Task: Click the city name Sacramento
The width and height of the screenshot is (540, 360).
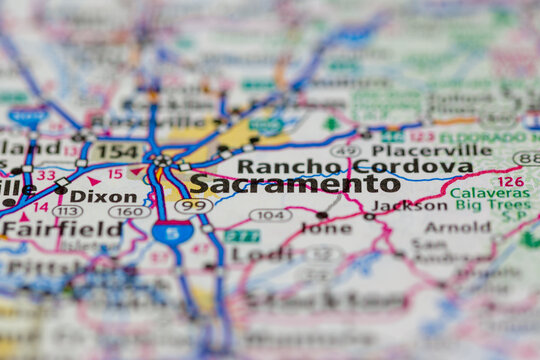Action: (x=294, y=184)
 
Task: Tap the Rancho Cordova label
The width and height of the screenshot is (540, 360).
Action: (x=354, y=166)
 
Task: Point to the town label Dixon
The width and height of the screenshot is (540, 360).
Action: (x=103, y=197)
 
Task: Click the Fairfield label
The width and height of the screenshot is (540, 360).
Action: (x=47, y=228)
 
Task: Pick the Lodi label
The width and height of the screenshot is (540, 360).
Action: (x=254, y=254)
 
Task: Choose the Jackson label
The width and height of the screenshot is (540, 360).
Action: (x=410, y=206)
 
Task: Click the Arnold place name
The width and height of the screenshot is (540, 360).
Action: (x=457, y=228)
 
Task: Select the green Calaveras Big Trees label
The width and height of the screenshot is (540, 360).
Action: (x=490, y=200)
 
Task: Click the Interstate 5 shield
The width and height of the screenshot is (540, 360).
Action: (x=173, y=233)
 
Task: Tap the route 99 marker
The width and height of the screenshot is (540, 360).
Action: (x=193, y=205)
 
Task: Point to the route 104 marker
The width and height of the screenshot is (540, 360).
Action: (x=270, y=214)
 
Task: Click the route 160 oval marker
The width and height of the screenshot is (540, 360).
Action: (x=129, y=212)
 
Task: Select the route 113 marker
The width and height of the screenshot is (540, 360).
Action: (x=68, y=211)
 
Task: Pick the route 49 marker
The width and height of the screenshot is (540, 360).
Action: (x=345, y=150)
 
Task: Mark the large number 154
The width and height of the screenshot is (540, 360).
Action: (x=116, y=152)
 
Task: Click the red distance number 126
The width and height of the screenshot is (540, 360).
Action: (x=510, y=181)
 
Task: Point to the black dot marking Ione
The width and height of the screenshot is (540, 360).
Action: (x=322, y=215)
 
